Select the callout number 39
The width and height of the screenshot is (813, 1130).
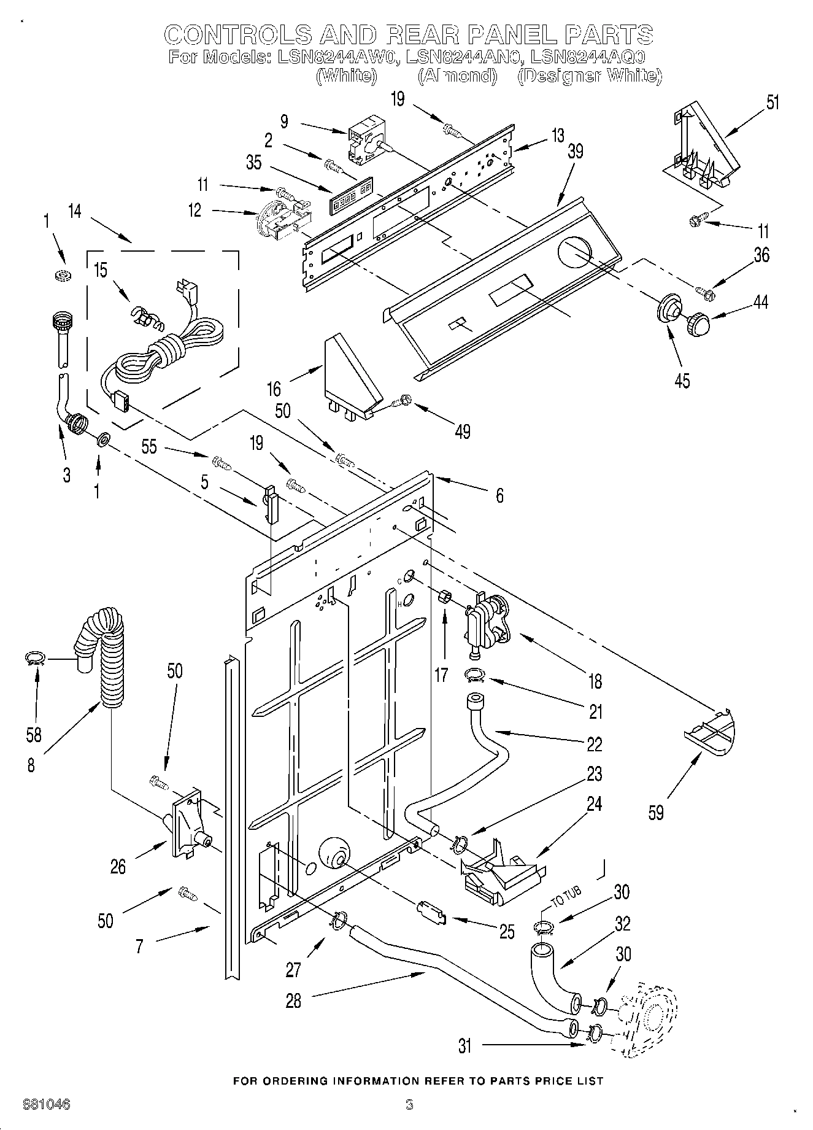point(575,151)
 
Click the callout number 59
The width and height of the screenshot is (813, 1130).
point(656,813)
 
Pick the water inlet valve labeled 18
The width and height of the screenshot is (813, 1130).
point(486,624)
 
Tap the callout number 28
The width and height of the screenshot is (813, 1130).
point(294,1000)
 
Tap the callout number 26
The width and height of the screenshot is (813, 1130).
point(118,866)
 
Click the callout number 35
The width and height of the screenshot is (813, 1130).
point(253,162)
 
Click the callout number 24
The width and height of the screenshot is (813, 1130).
point(595,803)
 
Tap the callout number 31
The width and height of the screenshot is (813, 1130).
point(465,1045)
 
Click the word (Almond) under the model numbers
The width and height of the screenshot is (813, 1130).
point(457,75)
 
